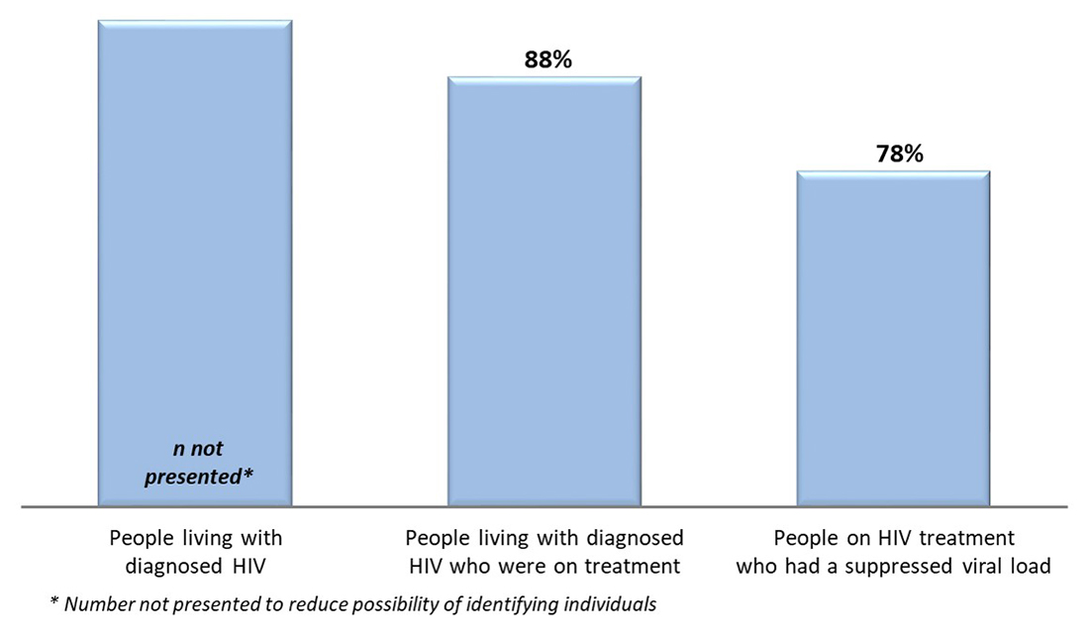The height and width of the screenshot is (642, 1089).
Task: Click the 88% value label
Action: click(548, 59)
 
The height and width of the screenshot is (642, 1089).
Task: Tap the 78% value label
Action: click(899, 154)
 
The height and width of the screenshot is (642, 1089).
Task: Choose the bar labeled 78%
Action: click(894, 337)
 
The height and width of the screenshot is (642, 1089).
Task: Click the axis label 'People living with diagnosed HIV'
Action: click(195, 552)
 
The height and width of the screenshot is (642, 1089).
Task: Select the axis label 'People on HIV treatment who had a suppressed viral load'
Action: click(894, 552)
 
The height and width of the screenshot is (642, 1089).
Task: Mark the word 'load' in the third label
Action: click(1034, 567)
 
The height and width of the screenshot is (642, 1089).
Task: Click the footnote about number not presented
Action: click(352, 604)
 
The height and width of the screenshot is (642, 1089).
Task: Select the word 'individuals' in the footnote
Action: click(614, 604)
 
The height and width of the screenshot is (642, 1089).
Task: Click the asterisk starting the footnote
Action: click(53, 602)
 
